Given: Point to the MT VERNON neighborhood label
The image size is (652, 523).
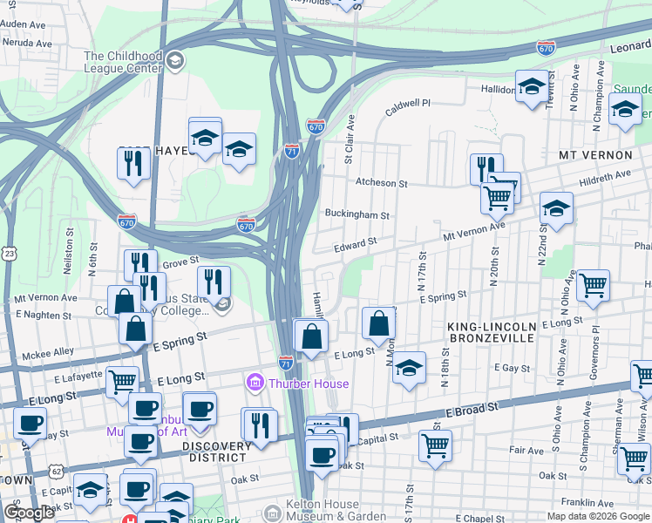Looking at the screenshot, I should [x=594, y=155].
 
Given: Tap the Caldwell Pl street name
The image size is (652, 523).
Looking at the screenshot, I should [x=408, y=103].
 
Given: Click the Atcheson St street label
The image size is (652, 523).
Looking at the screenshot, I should [x=381, y=183].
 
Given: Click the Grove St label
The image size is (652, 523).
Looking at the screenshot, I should [x=181, y=260].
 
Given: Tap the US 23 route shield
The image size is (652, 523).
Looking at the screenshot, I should [x=9, y=253].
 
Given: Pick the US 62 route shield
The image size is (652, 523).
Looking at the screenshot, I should [x=57, y=472].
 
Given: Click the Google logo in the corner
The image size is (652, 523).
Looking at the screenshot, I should [x=30, y=513].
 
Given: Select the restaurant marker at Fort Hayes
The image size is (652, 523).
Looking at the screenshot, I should [x=133, y=163].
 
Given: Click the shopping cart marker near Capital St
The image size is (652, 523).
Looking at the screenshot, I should [x=435, y=445].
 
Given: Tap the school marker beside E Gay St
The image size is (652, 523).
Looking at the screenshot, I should [x=408, y=367].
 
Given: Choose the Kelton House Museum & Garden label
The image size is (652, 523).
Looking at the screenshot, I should [x=335, y=511].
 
